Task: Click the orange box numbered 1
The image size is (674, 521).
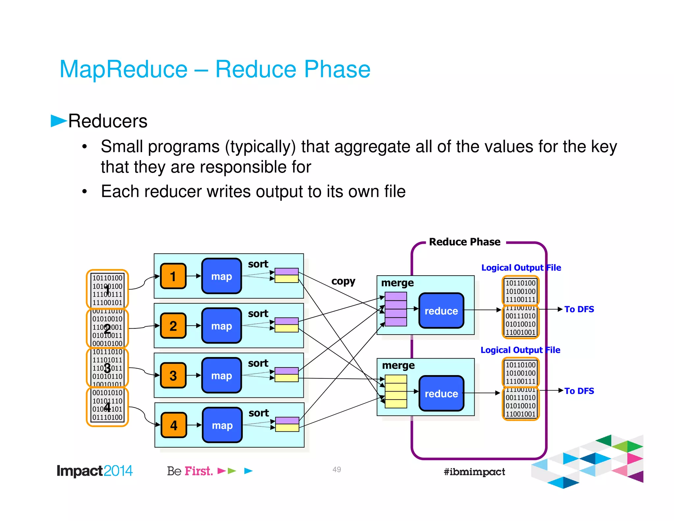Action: click(173, 276)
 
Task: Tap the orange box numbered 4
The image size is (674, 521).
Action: click(174, 425)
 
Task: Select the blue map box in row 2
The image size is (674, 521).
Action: click(221, 326)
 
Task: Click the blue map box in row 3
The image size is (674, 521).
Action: click(221, 376)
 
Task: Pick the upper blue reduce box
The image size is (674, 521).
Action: click(441, 311)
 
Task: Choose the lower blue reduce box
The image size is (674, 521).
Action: click(441, 394)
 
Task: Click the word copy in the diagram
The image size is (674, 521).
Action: click(343, 281)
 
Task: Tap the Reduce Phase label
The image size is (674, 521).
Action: click(464, 242)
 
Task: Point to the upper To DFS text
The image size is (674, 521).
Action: click(579, 309)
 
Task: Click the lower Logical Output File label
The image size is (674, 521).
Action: click(520, 350)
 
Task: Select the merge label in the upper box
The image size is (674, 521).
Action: click(397, 283)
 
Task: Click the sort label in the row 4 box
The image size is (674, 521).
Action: click(259, 413)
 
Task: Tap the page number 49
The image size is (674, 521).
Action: click(337, 470)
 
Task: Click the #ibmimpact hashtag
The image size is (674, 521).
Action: click(474, 472)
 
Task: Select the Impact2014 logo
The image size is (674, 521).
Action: click(94, 471)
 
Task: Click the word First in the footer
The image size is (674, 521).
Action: click(198, 471)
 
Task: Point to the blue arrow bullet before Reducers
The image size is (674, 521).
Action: click(58, 121)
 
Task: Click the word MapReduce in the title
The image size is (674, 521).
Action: click(123, 69)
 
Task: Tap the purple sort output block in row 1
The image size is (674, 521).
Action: click(286, 272)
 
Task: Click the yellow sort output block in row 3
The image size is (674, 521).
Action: click(286, 378)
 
